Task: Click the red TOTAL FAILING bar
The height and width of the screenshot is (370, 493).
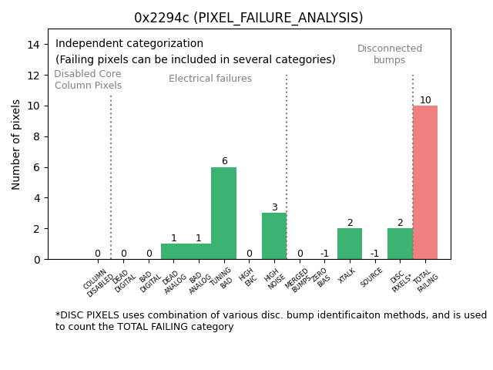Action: pyautogui.click(x=425, y=183)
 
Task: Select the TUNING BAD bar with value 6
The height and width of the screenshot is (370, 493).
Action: pyautogui.click(x=223, y=214)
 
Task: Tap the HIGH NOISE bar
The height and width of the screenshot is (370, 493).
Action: pyautogui.click(x=274, y=236)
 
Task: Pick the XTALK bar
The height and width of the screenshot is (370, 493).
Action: pyautogui.click(x=350, y=244)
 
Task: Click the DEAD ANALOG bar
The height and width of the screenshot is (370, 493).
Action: pyautogui.click(x=173, y=251)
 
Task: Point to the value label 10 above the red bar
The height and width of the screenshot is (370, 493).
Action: pyautogui.click(x=425, y=100)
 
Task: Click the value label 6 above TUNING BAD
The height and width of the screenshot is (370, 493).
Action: pyautogui.click(x=224, y=162)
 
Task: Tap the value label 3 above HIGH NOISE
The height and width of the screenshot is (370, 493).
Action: pyautogui.click(x=274, y=207)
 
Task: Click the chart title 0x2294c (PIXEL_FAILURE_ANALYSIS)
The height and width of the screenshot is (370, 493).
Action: pyautogui.click(x=248, y=18)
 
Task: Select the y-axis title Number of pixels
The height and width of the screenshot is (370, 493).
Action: pyautogui.click(x=17, y=144)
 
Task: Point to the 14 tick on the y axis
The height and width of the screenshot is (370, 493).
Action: pyautogui.click(x=33, y=45)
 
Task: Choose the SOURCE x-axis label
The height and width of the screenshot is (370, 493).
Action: pyautogui.click(x=371, y=277)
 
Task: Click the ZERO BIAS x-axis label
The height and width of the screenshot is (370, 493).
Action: pyautogui.click(x=322, y=278)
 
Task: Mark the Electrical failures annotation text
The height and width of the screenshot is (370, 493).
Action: pyautogui.click(x=210, y=79)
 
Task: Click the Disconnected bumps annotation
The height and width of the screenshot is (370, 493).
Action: pyautogui.click(x=390, y=54)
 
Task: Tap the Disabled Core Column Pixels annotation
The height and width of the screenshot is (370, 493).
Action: pyautogui.click(x=88, y=79)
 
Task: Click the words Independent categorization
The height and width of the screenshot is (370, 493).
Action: pyautogui.click(x=129, y=44)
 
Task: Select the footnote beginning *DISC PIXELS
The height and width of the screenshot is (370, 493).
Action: pyautogui.click(x=270, y=321)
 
